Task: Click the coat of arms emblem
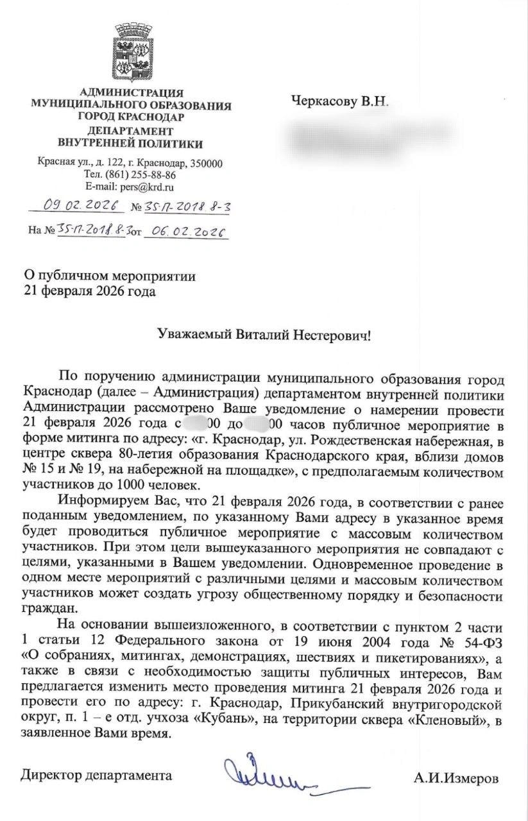(133, 56)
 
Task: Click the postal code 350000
(205, 163)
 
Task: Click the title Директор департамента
(97, 775)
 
